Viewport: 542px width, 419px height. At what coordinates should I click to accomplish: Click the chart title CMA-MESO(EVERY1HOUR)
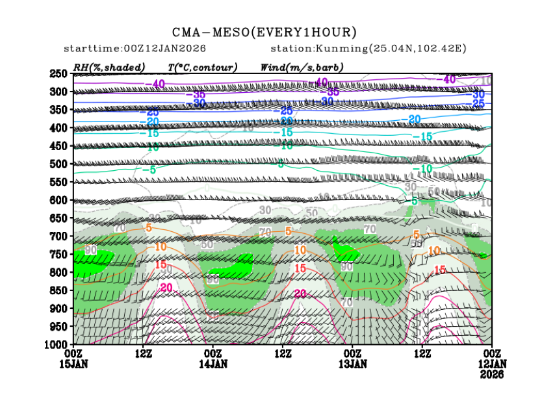click(x=265, y=32)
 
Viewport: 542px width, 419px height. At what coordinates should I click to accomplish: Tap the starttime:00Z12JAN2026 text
click(x=135, y=49)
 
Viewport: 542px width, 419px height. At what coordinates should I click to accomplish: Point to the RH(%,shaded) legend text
click(x=109, y=67)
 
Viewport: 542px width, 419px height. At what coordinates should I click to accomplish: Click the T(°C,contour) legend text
click(x=202, y=67)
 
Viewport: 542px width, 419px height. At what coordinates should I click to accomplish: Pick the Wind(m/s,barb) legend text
click(x=302, y=67)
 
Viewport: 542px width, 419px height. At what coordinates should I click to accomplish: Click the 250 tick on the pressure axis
click(x=59, y=74)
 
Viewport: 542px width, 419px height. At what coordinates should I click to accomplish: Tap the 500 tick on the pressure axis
click(x=59, y=164)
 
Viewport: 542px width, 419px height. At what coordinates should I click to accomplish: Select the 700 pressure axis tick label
click(x=59, y=236)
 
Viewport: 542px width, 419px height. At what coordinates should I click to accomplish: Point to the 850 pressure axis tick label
click(x=59, y=290)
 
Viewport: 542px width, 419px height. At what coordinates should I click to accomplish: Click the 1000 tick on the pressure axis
click(x=57, y=344)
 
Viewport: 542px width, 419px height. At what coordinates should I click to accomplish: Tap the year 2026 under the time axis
click(x=491, y=374)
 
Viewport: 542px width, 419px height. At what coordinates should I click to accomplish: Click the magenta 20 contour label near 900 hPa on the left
click(x=166, y=287)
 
